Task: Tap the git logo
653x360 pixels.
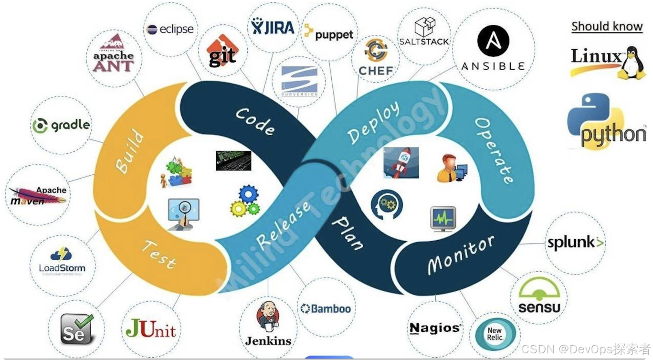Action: tap(222, 53)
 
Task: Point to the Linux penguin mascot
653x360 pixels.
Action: tap(632, 63)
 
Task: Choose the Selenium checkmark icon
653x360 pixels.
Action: tap(76, 328)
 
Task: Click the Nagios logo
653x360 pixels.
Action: tap(435, 328)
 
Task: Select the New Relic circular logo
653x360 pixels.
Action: tap(495, 334)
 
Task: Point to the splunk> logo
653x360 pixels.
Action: tap(575, 243)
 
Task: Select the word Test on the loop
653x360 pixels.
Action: tap(159, 254)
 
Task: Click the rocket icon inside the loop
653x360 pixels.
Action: tap(400, 162)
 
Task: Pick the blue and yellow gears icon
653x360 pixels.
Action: tap(244, 201)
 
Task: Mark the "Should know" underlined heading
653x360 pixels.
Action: tap(607, 26)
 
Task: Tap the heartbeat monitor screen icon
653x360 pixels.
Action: tap(442, 219)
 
